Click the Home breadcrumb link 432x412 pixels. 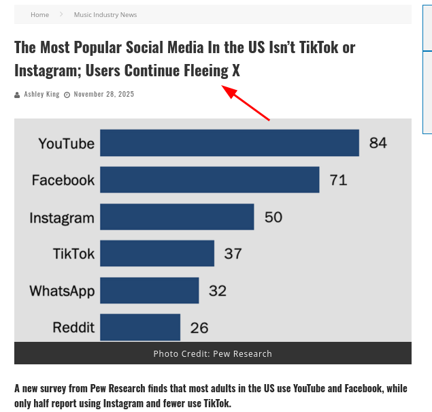39,14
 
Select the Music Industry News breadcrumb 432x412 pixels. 105,14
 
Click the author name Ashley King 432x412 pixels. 41,94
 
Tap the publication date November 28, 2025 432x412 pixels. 104,94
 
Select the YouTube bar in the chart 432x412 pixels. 229,143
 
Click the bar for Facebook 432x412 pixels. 210,180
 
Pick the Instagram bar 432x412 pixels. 177,217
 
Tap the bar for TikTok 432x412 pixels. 157,253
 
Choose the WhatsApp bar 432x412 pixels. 149,290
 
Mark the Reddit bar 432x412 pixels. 140,327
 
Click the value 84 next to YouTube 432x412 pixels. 378,143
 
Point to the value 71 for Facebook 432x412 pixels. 338,180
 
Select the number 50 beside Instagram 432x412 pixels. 273,217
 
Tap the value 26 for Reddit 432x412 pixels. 199,328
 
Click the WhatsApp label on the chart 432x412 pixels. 62,291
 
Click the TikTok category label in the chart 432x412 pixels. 73,254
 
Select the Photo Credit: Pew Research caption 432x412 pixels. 212,353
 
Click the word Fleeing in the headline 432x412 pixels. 207,70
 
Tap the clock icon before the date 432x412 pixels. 67,95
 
